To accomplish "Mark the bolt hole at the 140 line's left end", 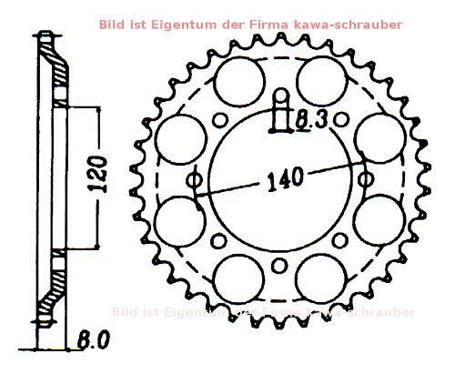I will point(193,180).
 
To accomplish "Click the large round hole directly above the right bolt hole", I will point(372,140).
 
